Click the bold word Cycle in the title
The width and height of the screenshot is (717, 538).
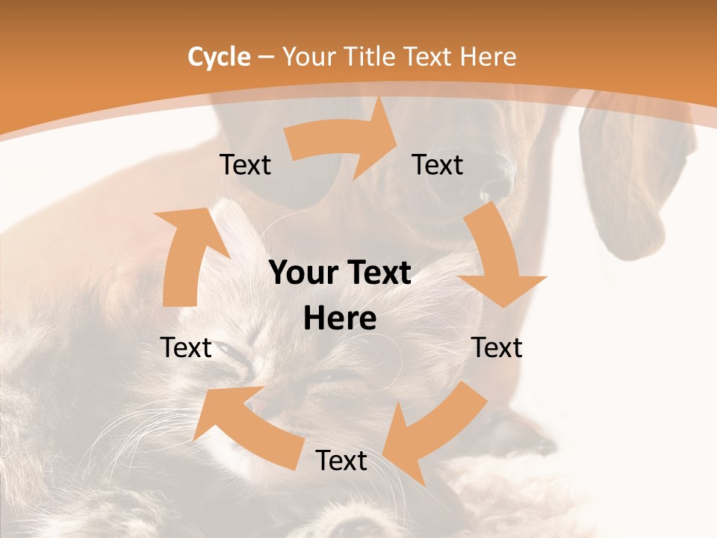[x=219, y=57]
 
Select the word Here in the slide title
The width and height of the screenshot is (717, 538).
[x=488, y=57]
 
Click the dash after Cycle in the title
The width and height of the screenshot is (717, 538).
[x=266, y=58]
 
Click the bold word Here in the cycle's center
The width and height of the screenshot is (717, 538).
[x=340, y=319]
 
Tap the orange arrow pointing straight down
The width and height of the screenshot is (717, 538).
[x=500, y=262]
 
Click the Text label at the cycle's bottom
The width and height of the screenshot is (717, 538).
[x=341, y=461]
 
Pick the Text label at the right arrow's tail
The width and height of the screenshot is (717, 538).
[x=245, y=165]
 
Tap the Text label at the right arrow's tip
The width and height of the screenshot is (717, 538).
[x=438, y=165]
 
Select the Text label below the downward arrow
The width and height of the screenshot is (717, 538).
[x=497, y=347]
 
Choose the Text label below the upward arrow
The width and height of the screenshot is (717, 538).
[x=186, y=347]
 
